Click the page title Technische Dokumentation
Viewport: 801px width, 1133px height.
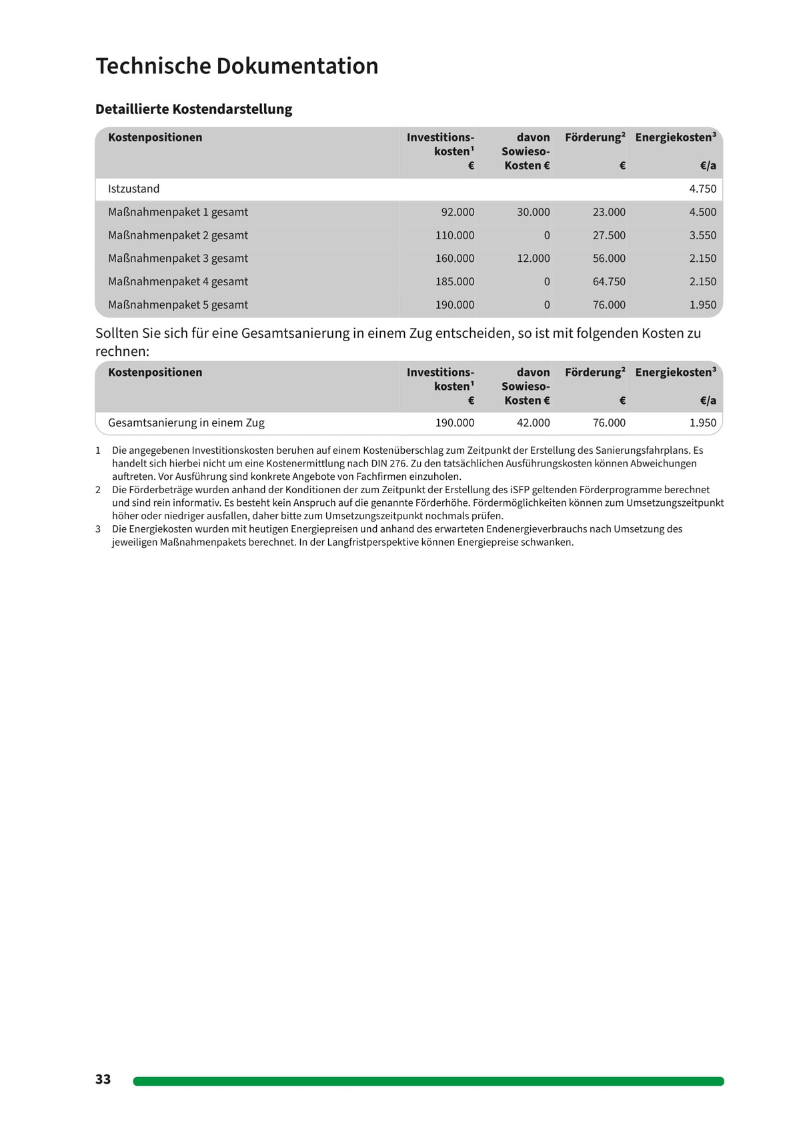coord(237,66)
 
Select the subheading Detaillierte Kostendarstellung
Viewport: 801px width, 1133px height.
coord(193,109)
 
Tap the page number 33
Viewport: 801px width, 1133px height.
coord(103,1079)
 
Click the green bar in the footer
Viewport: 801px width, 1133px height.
coord(428,1081)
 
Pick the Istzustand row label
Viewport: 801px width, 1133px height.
coord(134,189)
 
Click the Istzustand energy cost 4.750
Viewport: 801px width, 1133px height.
coord(702,189)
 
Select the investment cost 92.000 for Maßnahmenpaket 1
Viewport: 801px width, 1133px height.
coord(458,212)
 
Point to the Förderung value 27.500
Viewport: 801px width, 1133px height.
coord(609,235)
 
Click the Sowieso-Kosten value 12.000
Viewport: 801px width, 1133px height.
coord(533,259)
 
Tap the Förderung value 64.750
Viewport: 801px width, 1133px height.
coord(609,282)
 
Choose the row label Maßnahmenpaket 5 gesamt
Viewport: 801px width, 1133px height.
coord(178,305)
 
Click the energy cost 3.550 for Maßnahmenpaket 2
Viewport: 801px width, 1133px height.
coord(702,235)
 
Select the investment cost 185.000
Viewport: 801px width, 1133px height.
coord(455,282)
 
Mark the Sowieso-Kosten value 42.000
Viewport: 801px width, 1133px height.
coord(533,423)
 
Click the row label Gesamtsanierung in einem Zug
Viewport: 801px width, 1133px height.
coord(186,423)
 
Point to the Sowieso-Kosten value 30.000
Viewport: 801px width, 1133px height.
coord(533,212)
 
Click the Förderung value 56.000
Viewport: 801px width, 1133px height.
coord(609,259)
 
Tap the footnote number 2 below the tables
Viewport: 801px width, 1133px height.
coord(98,490)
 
